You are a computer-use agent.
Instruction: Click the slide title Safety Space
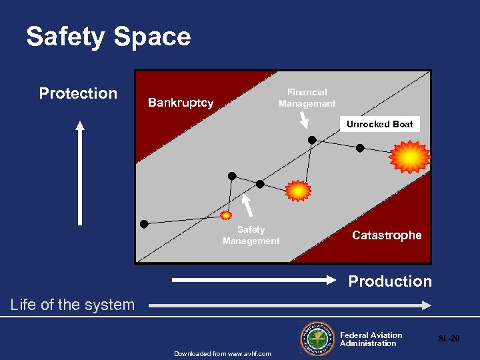[109, 37]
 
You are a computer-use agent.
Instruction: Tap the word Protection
[78, 93]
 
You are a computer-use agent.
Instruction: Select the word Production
[390, 281]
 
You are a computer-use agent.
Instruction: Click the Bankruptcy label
[181, 103]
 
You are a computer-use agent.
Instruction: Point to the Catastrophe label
[387, 235]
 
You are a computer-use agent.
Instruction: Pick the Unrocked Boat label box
[379, 124]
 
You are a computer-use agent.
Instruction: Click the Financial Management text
[307, 98]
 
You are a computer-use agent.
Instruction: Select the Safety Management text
[251, 235]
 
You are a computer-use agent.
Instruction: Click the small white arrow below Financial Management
[303, 119]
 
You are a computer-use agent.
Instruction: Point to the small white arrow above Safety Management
[247, 205]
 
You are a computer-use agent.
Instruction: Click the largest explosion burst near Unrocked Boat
[410, 157]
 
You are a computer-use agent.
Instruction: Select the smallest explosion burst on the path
[227, 215]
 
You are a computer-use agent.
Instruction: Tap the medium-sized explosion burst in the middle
[298, 191]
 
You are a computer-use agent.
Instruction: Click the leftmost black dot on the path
[144, 223]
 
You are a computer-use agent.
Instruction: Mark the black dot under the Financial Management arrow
[311, 139]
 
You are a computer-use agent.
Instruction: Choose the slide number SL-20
[448, 339]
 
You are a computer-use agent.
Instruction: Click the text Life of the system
[73, 305]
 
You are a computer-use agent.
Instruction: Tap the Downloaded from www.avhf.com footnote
[223, 353]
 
